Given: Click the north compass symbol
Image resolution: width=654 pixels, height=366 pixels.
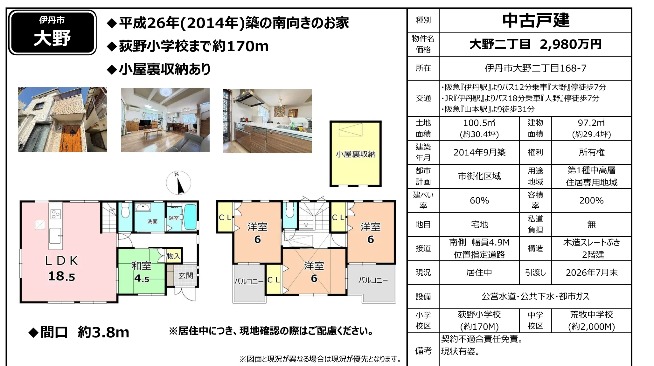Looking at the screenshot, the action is point(178,183).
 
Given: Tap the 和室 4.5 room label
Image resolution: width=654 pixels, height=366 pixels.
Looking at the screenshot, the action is point(142,272).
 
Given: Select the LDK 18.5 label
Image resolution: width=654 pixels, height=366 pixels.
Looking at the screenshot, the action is point(61,268).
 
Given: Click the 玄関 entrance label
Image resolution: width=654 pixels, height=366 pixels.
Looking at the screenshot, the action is point(186,275).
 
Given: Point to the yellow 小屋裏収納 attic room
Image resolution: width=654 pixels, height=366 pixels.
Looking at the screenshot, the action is point(356,154).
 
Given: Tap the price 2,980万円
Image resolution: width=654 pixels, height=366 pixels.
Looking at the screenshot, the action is point(571,44).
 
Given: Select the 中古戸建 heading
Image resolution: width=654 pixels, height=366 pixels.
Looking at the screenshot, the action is point(536,20).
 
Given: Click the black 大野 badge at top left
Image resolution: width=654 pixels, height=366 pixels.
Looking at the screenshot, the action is point(52,32).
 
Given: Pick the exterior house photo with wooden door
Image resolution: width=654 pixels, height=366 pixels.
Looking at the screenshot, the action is point(62,120).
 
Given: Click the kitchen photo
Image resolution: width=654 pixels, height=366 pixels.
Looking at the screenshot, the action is point(267,121).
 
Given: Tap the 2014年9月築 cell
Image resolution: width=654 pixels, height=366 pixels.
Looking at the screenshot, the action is point(479,152).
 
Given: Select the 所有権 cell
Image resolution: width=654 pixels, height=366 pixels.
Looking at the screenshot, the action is point(592,152).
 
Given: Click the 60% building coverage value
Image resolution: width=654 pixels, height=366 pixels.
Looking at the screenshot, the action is point(479,201).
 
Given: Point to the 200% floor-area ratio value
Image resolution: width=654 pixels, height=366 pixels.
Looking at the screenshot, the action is point(592,201).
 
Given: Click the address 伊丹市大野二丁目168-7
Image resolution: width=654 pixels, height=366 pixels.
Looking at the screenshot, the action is point(536,68).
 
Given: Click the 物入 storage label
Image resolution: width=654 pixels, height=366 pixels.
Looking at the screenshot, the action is point(173,256).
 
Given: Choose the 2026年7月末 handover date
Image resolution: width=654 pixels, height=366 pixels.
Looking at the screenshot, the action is point(592,273).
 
